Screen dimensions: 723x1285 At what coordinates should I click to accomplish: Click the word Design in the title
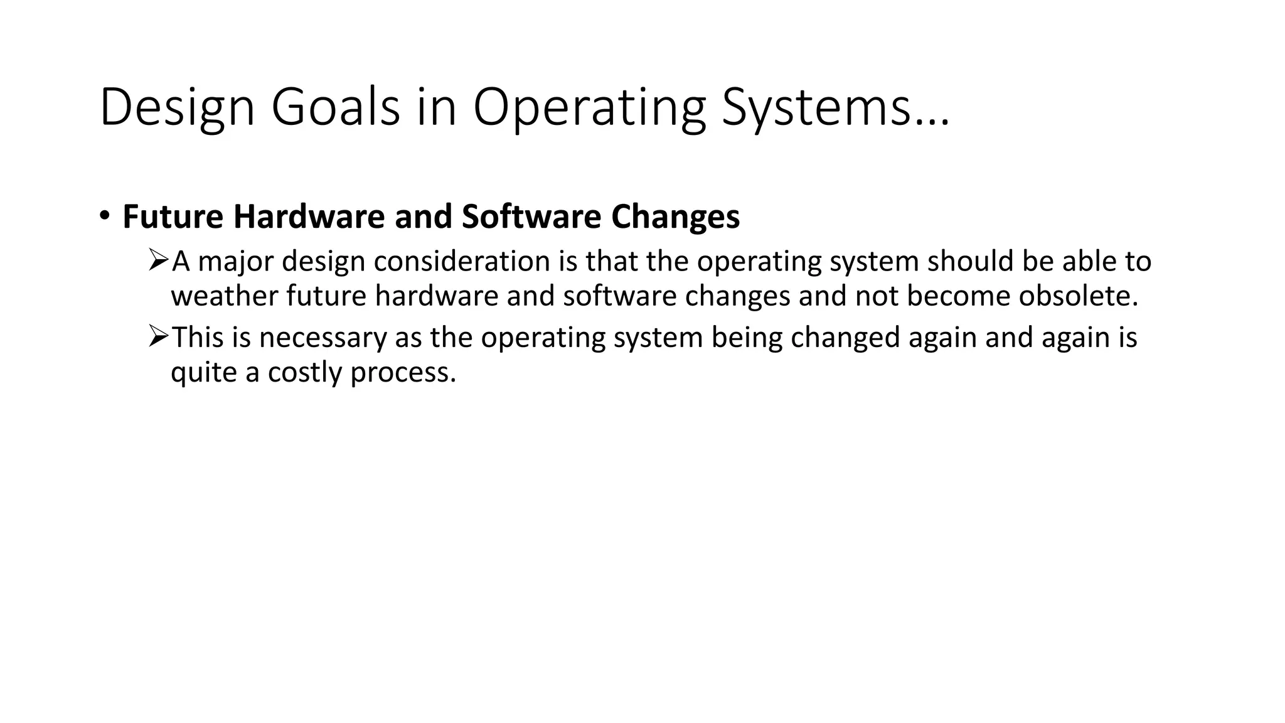point(176,108)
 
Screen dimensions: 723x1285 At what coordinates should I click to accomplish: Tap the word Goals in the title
point(335,108)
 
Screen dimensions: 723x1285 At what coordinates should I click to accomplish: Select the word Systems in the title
point(816,108)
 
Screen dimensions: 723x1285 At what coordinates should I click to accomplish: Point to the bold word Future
point(173,217)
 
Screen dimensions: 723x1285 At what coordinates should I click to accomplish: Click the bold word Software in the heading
point(531,217)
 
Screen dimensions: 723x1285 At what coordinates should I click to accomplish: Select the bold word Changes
point(675,217)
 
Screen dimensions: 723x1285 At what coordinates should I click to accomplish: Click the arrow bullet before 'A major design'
point(159,259)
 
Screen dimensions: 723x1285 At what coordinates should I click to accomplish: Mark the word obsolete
point(1077,296)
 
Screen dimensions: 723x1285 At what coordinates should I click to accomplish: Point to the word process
point(402,373)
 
